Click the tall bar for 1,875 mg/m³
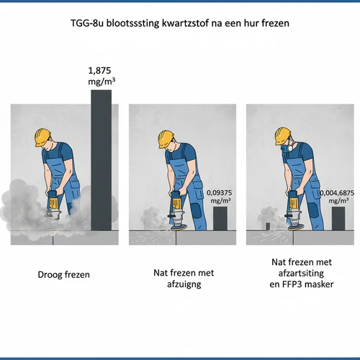[101, 160]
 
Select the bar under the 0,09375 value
[220, 218]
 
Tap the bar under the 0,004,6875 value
[338, 218]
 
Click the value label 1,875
[99, 71]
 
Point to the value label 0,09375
[220, 193]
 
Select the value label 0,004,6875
[337, 193]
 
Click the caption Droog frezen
[63, 274]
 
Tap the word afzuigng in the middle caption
[184, 284]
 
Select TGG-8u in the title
[87, 23]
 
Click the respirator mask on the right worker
[287, 147]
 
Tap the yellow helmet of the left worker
[42, 138]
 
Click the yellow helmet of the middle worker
[166, 139]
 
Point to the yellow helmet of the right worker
[283, 136]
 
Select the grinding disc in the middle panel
[178, 228]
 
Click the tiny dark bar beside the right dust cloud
[268, 226]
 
